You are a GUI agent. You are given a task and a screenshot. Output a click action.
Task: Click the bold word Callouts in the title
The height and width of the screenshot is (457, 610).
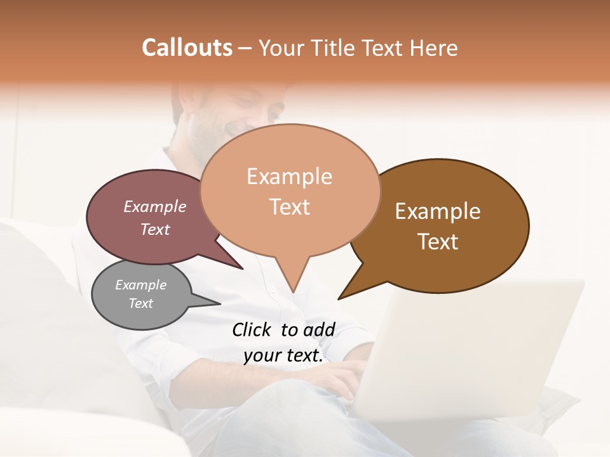[x=187, y=48]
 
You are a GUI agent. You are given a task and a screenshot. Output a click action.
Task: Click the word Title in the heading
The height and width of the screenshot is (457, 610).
[x=336, y=48]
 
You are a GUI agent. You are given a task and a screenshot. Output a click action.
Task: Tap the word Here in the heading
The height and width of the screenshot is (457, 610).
[x=432, y=48]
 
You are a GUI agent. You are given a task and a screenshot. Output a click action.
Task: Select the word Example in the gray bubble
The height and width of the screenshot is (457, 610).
[x=140, y=285]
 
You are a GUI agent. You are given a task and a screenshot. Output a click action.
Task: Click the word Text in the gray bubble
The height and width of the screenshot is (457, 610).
[x=140, y=303]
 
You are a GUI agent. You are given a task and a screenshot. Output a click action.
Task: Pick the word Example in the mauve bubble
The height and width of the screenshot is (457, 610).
[x=154, y=206]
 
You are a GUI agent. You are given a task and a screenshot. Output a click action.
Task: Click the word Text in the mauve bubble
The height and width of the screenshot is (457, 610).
[x=154, y=229]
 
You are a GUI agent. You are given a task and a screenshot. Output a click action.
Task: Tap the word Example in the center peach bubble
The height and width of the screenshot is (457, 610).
[x=289, y=176]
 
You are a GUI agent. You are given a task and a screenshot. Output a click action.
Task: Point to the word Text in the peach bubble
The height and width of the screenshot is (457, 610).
[x=289, y=207]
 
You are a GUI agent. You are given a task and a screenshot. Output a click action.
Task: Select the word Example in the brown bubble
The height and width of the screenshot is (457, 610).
[x=438, y=211]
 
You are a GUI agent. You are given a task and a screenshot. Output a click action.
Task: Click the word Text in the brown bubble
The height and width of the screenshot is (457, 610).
[x=438, y=242]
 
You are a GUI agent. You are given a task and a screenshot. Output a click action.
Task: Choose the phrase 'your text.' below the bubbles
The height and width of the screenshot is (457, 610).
[x=283, y=355]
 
